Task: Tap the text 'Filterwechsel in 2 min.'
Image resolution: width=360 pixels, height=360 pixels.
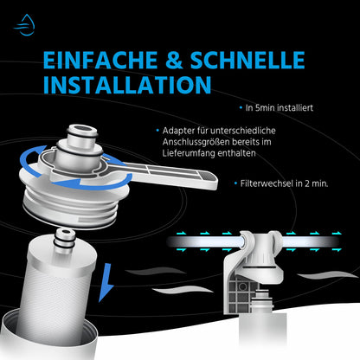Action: pos(280,183)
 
